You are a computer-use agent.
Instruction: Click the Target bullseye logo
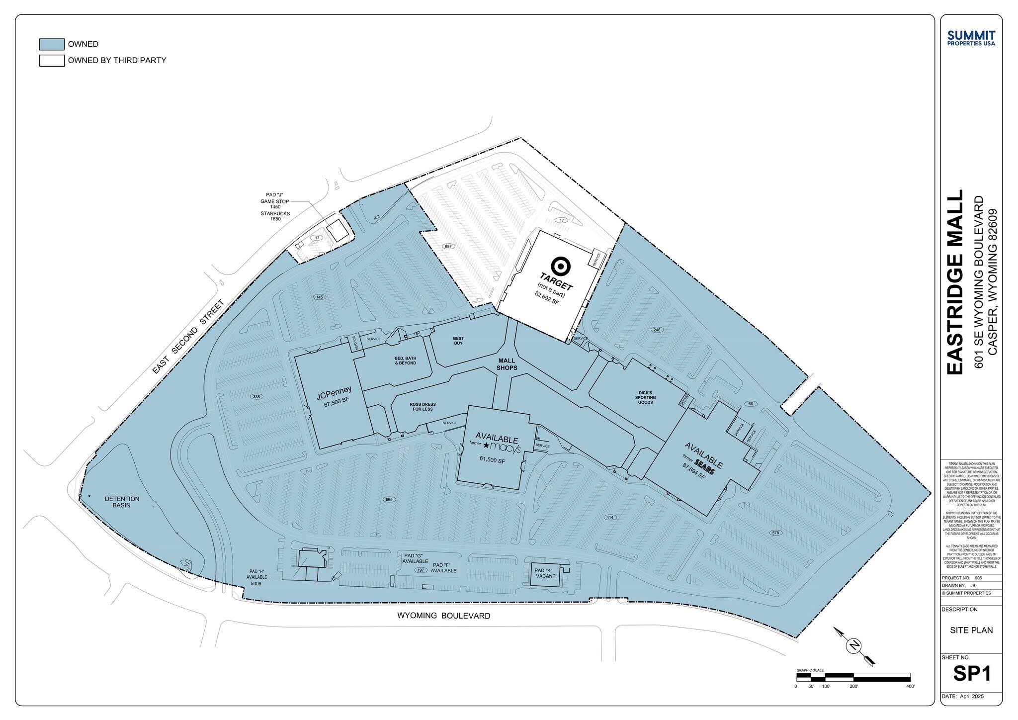pos(561,266)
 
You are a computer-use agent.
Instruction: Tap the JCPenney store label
pos(334,393)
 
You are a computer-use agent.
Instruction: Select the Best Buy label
pos(458,341)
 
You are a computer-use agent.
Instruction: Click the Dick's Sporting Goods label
pos(645,397)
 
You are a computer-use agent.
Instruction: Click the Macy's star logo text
pos(502,448)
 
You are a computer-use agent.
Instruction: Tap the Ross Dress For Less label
pos(423,406)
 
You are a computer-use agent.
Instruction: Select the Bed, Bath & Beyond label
pos(405,360)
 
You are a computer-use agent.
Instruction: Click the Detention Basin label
pos(122,502)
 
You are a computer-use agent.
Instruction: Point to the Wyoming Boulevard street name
pos(443,616)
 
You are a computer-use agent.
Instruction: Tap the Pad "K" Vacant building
pos(546,574)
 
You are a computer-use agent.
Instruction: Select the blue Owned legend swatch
pos(52,44)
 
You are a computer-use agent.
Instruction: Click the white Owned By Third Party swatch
pos(52,61)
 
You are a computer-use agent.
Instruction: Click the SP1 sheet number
pos(972,673)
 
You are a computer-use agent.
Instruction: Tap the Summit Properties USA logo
pos(971,38)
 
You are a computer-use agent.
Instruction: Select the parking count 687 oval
pos(448,246)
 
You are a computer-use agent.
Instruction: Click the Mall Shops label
pos(507,364)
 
